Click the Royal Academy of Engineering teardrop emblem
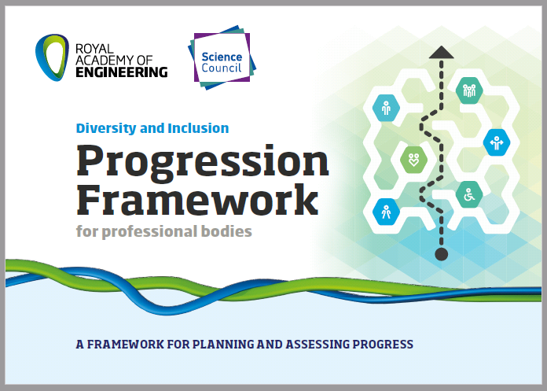pyautogui.click(x=52, y=57)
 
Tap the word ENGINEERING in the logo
pyautogui.click(x=122, y=72)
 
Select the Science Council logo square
pyautogui.click(x=222, y=57)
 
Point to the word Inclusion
pyautogui.click(x=198, y=128)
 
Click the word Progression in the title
pyautogui.click(x=202, y=162)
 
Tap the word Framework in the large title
pyautogui.click(x=197, y=199)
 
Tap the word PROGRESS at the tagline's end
pyautogui.click(x=383, y=345)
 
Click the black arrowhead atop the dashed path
pyautogui.click(x=442, y=53)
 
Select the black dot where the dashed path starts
pyautogui.click(x=442, y=254)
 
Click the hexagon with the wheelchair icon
pyautogui.click(x=469, y=194)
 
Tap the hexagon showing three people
pyautogui.click(x=469, y=90)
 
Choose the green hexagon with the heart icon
pyautogui.click(x=413, y=160)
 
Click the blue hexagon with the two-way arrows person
pyautogui.click(x=497, y=142)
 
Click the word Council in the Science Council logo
pyautogui.click(x=221, y=68)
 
